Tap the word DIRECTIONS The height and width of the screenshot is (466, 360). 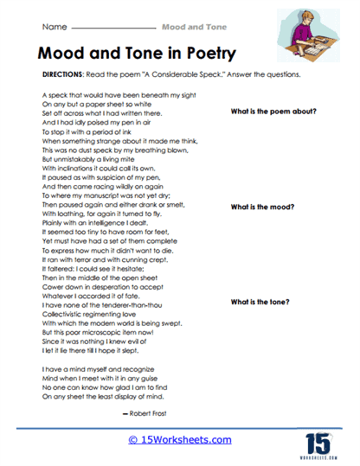point(61,74)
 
